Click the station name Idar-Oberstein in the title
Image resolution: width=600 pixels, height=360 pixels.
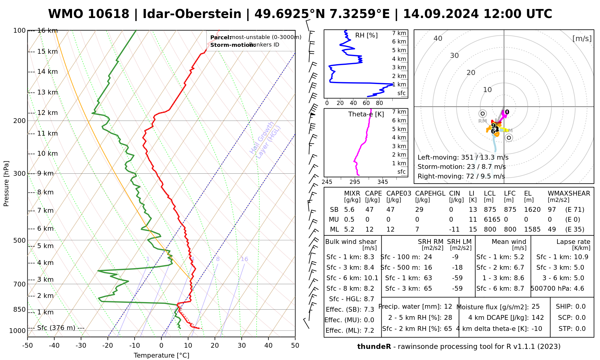[x=192, y=14]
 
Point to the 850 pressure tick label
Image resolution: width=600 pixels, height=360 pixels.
[x=20, y=309]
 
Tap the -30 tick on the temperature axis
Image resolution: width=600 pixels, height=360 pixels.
[x=81, y=346]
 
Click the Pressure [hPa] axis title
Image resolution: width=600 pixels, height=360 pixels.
[x=6, y=184]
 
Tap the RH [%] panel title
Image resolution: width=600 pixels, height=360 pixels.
[x=366, y=35]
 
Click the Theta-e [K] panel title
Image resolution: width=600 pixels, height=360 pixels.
[x=366, y=114]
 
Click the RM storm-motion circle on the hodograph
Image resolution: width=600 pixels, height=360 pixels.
[x=482, y=114]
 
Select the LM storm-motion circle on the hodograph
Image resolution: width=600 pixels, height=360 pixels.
[x=508, y=138]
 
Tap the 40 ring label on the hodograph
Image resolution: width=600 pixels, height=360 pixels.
[x=438, y=38]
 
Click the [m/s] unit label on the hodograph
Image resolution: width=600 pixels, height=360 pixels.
[x=582, y=38]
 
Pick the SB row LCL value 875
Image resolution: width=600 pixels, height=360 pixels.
[x=490, y=210]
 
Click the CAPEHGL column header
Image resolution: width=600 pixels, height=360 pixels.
[x=430, y=193]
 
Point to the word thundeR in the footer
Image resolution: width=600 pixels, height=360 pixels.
[x=374, y=347]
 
